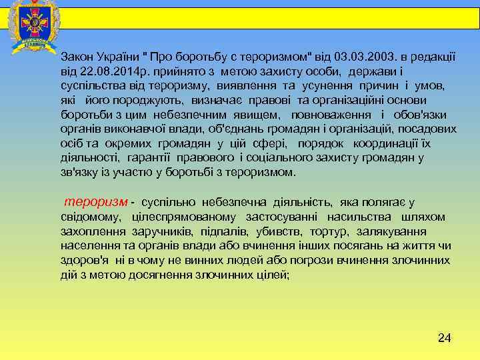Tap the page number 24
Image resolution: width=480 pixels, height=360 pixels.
(x=444, y=338)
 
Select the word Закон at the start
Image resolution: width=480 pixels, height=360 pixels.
(x=76, y=57)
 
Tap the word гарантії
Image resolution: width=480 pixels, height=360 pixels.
(x=147, y=158)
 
